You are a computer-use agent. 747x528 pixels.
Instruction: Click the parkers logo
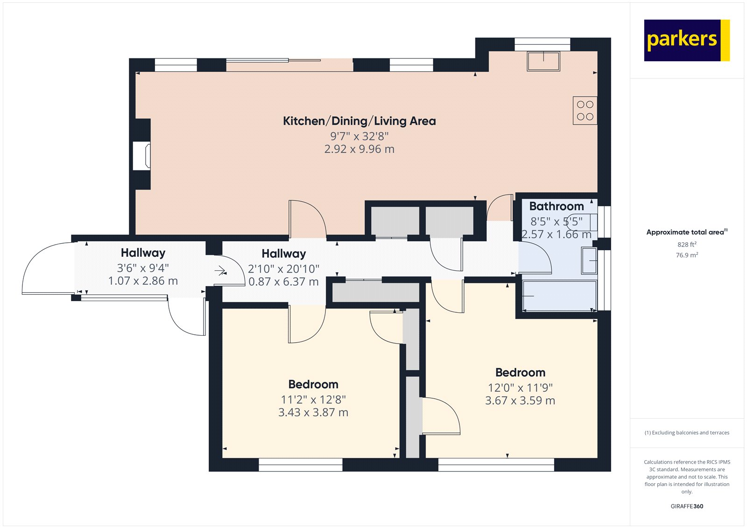pyautogui.click(x=687, y=40)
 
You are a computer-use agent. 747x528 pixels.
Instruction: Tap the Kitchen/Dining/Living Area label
pyautogui.click(x=359, y=121)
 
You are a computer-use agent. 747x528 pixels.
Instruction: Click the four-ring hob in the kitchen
pyautogui.click(x=585, y=110)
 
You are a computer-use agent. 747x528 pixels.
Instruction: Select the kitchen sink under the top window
pyautogui.click(x=543, y=61)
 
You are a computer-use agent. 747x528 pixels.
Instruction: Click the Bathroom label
pyautogui.click(x=556, y=206)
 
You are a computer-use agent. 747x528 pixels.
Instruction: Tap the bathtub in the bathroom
pyautogui.click(x=559, y=296)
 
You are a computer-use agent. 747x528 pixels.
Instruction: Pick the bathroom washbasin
pyautogui.click(x=589, y=260)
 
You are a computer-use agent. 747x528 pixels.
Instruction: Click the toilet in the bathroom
pyautogui.click(x=582, y=223)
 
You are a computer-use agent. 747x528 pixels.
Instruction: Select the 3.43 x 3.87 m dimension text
pyautogui.click(x=313, y=413)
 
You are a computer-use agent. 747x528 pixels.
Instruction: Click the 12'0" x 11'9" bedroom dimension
pyautogui.click(x=520, y=388)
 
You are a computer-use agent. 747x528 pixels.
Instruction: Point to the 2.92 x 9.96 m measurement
pyautogui.click(x=359, y=149)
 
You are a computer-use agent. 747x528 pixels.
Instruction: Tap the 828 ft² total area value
pyautogui.click(x=687, y=244)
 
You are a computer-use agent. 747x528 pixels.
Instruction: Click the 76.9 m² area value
pyautogui.click(x=687, y=255)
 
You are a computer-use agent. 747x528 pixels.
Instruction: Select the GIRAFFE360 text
pyautogui.click(x=687, y=506)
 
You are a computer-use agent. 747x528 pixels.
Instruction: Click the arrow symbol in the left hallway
pyautogui.click(x=220, y=270)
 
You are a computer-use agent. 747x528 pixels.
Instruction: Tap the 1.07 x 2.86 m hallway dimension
pyautogui.click(x=143, y=281)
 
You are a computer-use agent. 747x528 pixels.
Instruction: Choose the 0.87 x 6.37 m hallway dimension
pyautogui.click(x=283, y=282)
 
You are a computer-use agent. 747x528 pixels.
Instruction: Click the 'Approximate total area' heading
pyautogui.click(x=687, y=232)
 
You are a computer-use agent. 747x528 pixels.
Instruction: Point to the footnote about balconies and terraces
pyautogui.click(x=687, y=433)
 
